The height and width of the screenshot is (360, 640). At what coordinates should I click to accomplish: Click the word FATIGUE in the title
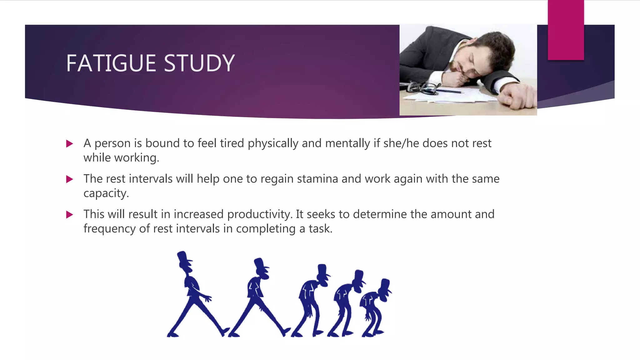coord(111,63)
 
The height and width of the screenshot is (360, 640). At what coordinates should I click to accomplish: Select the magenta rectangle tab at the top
coord(566,30)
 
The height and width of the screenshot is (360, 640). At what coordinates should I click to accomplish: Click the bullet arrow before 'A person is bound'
coord(70,144)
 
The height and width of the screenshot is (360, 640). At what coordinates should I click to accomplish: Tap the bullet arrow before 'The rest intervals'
coord(70,179)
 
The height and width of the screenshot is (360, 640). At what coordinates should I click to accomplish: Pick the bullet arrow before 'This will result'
coord(70,215)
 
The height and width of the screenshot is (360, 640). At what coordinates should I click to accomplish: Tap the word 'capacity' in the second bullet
coord(106,193)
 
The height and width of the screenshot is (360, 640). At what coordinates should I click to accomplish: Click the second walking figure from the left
coord(258,297)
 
